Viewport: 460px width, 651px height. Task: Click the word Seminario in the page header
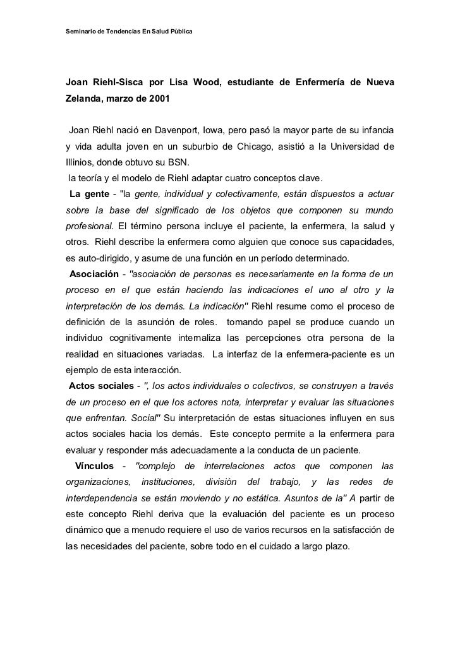pyautogui.click(x=82, y=32)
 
